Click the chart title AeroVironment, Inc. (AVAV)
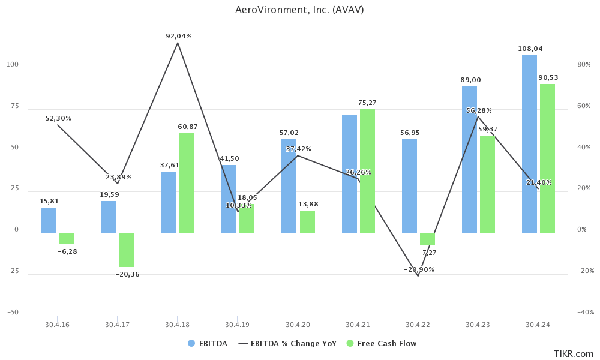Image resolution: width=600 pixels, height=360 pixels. (299, 10)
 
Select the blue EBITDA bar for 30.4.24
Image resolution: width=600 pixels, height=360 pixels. (529, 144)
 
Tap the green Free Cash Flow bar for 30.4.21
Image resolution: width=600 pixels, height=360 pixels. (367, 171)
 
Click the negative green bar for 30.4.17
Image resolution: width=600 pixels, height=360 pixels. (127, 250)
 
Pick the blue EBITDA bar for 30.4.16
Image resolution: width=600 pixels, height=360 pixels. (49, 220)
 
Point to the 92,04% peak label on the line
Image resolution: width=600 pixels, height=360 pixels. (179, 37)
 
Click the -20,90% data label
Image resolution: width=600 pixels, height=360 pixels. (419, 270)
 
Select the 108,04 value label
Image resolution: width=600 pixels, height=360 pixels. (529, 49)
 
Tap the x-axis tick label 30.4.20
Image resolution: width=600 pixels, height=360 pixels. (298, 324)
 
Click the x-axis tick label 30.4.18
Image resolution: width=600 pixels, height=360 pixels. (177, 324)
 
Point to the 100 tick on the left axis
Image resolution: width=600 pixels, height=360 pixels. (13, 65)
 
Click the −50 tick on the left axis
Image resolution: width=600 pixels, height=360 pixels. (13, 313)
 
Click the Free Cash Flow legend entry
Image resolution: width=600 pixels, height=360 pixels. (386, 344)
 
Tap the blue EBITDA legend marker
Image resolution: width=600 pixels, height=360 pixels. (191, 344)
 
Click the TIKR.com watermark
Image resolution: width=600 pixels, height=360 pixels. (573, 354)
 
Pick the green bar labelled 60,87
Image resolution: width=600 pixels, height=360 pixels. (187, 183)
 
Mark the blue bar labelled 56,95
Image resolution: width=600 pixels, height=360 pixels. (409, 186)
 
